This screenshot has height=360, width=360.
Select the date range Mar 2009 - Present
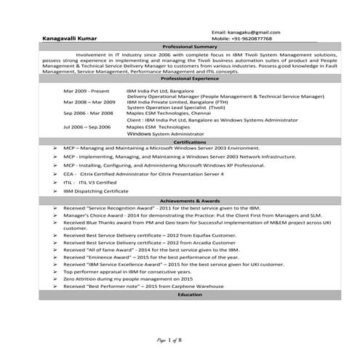tap(87, 91)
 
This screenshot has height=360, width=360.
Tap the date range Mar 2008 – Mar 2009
tap(89, 103)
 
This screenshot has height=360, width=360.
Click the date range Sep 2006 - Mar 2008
tap(88, 113)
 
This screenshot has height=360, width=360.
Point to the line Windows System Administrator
tap(165, 134)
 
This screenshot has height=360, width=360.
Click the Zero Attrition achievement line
tap(127, 279)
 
